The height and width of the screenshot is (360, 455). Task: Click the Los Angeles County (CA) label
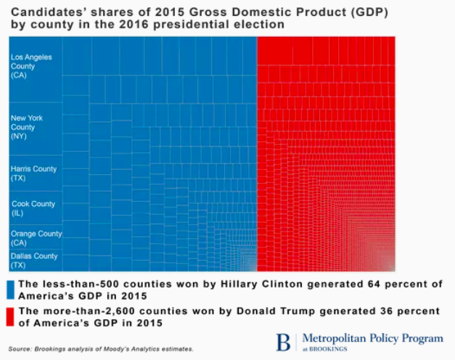[x=27, y=66]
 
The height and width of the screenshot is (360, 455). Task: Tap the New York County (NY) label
[x=27, y=126]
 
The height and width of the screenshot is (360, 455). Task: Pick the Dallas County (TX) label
[x=33, y=260]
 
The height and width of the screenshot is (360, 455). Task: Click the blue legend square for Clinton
[x=9, y=288]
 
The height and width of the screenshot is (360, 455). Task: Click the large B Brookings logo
[x=284, y=341]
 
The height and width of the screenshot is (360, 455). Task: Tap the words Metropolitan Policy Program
[x=372, y=338]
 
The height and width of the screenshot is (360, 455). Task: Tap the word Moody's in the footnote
[x=124, y=349]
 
